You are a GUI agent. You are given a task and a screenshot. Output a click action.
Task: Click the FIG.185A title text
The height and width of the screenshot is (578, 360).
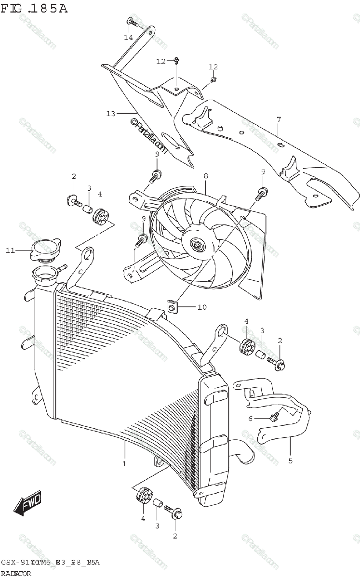34,8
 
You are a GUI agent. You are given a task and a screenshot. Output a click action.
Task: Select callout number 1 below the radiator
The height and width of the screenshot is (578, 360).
124,464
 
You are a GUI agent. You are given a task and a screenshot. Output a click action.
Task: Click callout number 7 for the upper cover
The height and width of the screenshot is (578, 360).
279,119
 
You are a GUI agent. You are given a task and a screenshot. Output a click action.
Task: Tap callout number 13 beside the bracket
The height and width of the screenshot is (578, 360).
110,114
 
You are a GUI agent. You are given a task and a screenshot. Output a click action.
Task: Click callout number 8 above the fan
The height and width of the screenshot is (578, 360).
206,176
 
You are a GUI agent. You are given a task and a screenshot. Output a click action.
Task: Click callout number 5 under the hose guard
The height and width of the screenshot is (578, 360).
290,461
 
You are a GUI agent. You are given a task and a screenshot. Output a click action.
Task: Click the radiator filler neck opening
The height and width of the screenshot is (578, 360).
46,276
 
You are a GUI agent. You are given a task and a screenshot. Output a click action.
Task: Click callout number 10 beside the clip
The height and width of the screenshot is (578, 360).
201,307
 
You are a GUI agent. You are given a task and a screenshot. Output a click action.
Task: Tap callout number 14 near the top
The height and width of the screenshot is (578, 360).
128,37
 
